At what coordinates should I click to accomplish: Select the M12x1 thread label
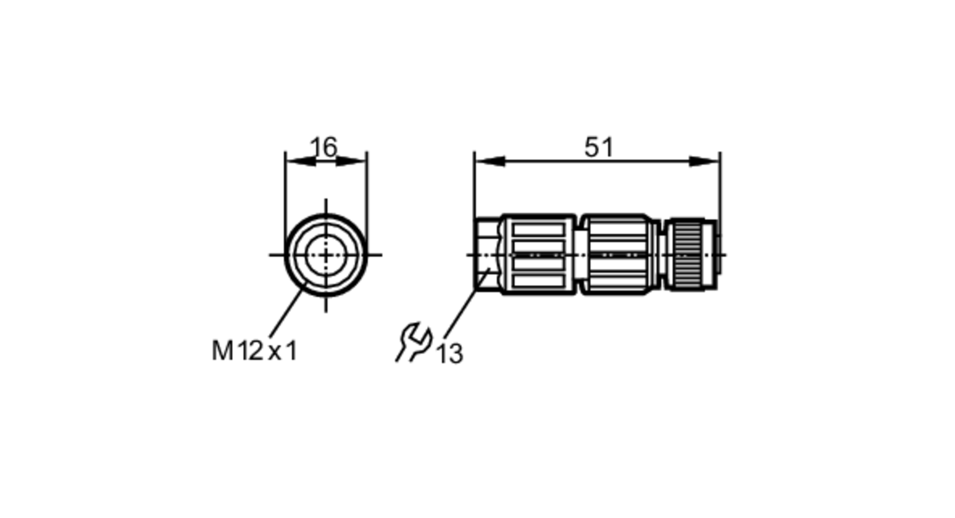point(254,351)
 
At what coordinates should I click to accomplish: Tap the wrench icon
point(414,341)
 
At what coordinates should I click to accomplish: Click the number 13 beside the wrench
point(450,354)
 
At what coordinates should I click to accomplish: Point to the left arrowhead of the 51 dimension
point(490,162)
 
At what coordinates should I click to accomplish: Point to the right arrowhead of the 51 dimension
point(705,162)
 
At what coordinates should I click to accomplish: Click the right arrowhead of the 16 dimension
point(351,162)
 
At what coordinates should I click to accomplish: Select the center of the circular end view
point(326,255)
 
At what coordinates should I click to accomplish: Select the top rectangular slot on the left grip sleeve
point(539,229)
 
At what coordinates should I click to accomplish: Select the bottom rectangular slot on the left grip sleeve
point(539,281)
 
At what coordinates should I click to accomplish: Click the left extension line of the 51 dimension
point(474,191)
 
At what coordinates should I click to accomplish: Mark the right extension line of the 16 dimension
point(367,191)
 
